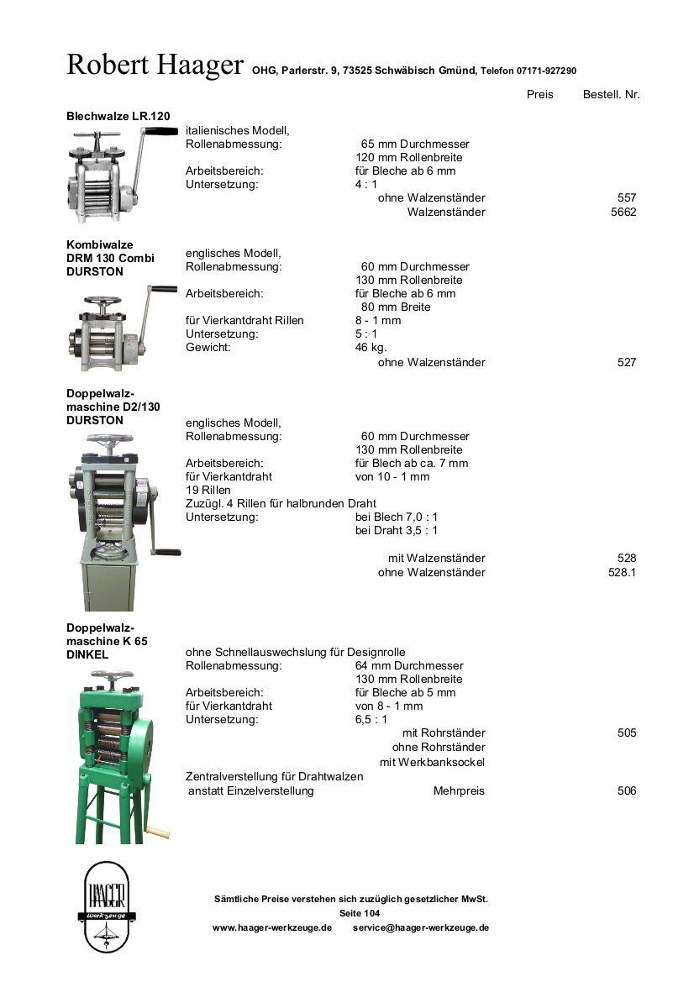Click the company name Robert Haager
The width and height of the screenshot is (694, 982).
(155, 65)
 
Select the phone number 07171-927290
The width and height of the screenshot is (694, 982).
(546, 71)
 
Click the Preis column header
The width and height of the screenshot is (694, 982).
(539, 95)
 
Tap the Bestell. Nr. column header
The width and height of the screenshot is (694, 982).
(611, 95)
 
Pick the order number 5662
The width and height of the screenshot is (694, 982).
(623, 212)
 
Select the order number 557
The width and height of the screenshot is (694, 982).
(627, 198)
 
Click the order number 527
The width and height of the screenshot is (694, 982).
(627, 363)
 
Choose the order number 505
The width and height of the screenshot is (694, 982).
(627, 733)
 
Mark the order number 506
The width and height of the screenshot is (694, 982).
(627, 791)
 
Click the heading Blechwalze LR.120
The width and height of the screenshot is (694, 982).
(118, 116)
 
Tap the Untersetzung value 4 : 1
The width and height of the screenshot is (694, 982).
(366, 185)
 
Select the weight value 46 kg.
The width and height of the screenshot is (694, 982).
(371, 348)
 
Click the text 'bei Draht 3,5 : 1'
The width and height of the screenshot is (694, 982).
(397, 531)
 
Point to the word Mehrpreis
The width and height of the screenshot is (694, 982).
(459, 791)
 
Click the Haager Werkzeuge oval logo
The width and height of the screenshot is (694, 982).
(107, 906)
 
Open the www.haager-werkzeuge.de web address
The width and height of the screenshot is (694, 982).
(272, 928)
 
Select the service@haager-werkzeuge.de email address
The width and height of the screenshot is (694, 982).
(421, 928)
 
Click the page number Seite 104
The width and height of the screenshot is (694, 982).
(360, 913)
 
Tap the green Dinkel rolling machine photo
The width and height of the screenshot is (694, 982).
(118, 756)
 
